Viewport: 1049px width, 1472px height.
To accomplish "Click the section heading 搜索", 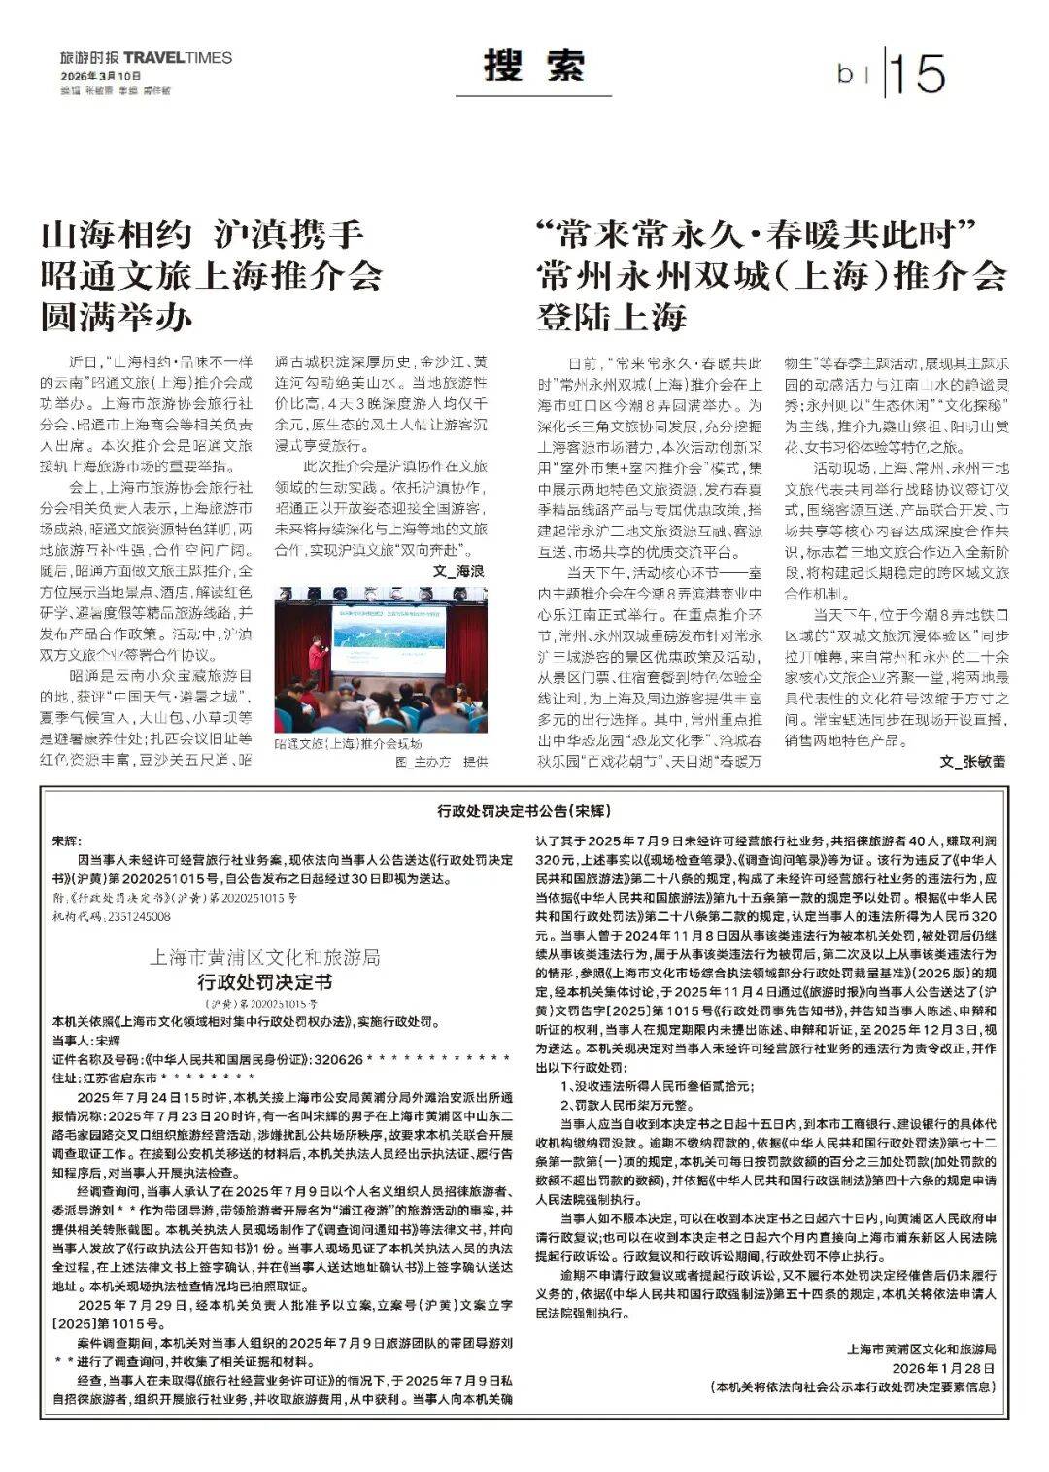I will [x=535, y=66].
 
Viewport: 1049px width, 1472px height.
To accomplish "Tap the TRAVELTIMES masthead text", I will [x=179, y=57].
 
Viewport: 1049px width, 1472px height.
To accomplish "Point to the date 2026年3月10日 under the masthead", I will [x=100, y=76].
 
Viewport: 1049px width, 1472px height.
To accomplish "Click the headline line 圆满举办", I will [x=117, y=317].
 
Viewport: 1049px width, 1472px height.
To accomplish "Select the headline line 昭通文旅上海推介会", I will [x=211, y=276].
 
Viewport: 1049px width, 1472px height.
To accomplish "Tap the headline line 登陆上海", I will [x=612, y=317].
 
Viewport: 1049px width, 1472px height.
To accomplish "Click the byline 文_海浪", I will [x=458, y=571].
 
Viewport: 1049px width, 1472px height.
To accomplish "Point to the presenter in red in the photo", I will [x=315, y=660].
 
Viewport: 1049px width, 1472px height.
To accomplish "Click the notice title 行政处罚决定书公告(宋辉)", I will [x=524, y=809].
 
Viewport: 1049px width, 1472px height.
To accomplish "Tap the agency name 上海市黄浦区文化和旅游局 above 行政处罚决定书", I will [x=264, y=957].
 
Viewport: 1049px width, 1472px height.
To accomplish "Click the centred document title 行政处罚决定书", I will [x=264, y=980].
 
